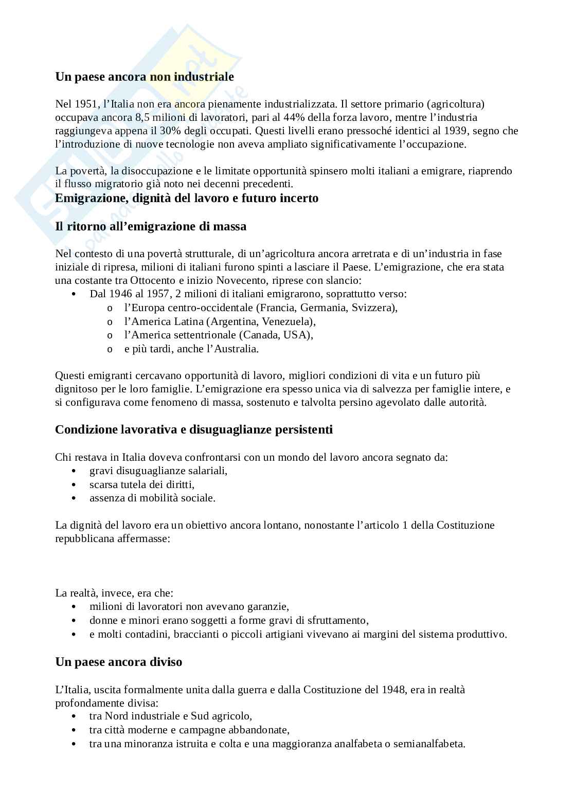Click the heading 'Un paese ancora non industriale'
[x=145, y=77]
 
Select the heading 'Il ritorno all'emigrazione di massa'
[x=151, y=226]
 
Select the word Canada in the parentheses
[x=264, y=335]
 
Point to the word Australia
[x=237, y=349]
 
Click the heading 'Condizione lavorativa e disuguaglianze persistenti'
[x=194, y=429]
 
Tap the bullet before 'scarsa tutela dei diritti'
[x=76, y=485]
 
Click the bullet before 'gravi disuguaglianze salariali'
[x=76, y=471]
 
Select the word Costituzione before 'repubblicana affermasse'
[x=465, y=526]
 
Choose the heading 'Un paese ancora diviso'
[x=119, y=662]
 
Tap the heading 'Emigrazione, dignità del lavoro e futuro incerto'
[x=187, y=199]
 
